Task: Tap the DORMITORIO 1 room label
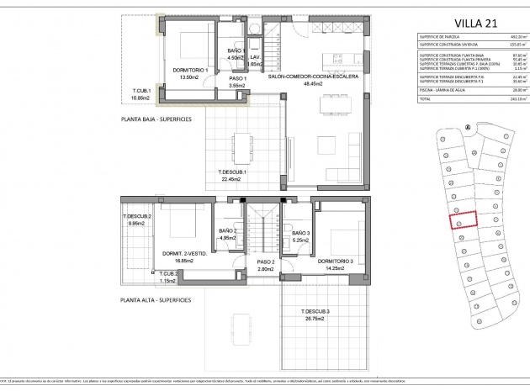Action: pos(187,70)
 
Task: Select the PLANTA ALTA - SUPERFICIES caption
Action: pos(156,299)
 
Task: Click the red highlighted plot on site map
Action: pos(460,220)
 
